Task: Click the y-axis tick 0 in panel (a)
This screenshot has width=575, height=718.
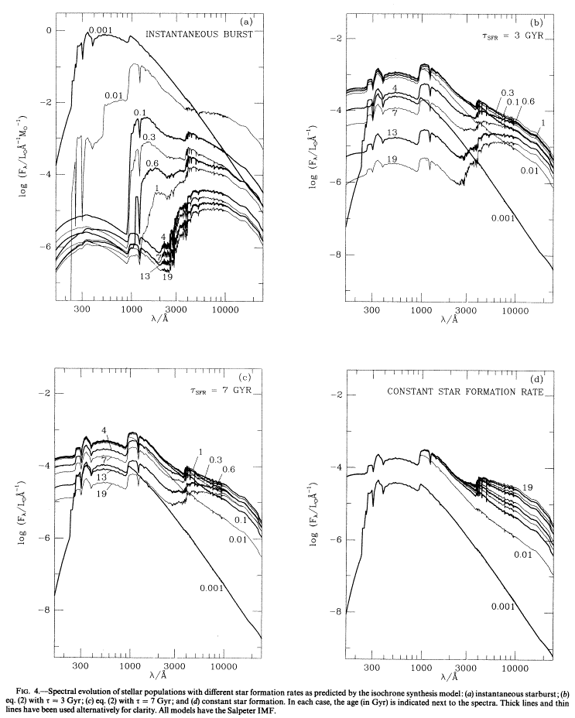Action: click(x=47, y=30)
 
